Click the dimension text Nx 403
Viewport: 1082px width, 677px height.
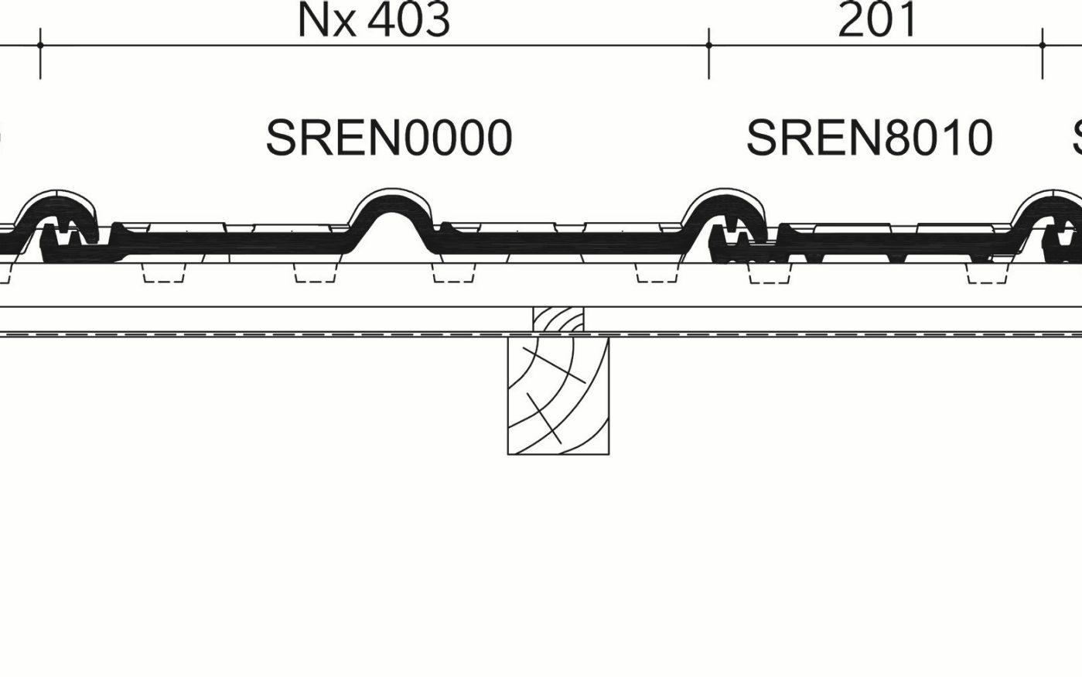pos(374,21)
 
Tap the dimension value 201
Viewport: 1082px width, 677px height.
pos(878,21)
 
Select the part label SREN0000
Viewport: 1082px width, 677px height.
pos(389,138)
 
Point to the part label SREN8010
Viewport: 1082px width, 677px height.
pos(869,138)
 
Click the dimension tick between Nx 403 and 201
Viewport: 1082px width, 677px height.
pos(709,46)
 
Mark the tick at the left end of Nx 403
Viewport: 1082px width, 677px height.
pos(40,46)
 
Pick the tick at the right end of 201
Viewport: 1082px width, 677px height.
pos(1043,46)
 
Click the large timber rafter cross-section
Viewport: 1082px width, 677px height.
pos(558,395)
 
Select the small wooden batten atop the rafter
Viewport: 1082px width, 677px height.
pos(558,321)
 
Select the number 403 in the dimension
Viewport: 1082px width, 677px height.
pos(409,21)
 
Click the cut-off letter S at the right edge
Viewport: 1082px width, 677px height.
pos(1077,138)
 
